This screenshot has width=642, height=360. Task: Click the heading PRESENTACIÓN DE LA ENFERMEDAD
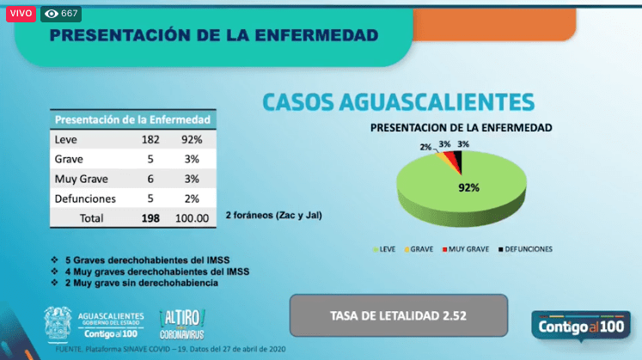click(213, 35)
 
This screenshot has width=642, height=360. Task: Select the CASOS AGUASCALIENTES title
click(398, 101)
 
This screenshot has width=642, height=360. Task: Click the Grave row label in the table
click(69, 159)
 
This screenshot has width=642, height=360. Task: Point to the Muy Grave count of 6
click(151, 179)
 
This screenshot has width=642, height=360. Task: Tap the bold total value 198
click(151, 218)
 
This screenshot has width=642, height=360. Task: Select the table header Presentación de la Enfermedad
click(134, 119)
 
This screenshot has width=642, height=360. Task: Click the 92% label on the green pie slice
click(468, 186)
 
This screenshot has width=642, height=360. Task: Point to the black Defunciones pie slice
click(458, 161)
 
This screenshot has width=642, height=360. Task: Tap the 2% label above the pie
click(425, 147)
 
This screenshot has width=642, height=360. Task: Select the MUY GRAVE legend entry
click(465, 249)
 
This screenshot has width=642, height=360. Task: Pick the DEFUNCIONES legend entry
click(524, 249)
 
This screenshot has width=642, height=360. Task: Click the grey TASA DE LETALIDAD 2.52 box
click(398, 315)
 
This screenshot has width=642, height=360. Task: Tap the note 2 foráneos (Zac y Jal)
click(274, 214)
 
